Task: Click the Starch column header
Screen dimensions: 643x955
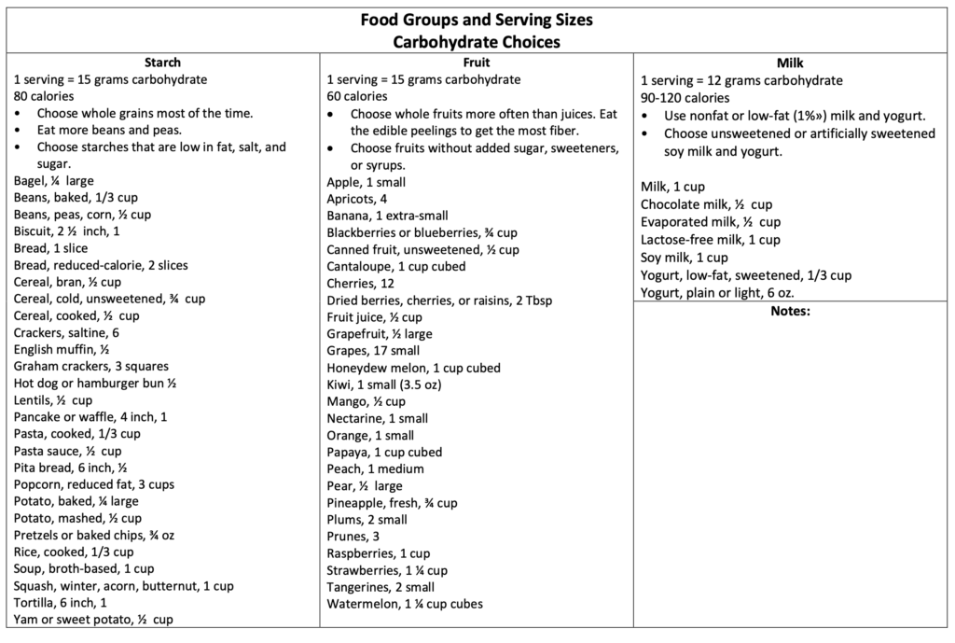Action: (x=163, y=63)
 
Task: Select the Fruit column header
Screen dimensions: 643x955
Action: (x=477, y=63)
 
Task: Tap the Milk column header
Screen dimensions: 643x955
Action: (x=790, y=63)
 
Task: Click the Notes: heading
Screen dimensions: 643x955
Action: (x=790, y=312)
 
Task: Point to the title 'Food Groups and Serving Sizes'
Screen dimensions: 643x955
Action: (x=477, y=20)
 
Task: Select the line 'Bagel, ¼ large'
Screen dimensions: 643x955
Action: (x=54, y=181)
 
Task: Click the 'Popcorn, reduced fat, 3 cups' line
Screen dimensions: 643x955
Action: (x=94, y=484)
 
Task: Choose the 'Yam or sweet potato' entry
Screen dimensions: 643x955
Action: (x=93, y=620)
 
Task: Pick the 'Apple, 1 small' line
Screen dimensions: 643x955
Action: (x=367, y=182)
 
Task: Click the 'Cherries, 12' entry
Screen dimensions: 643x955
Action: (x=361, y=284)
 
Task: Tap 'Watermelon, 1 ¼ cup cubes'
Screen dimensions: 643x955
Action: (x=405, y=604)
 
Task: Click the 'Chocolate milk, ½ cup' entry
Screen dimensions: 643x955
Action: (x=706, y=204)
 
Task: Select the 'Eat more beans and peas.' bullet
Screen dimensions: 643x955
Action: (x=109, y=131)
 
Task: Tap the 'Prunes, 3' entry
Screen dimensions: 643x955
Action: (x=353, y=537)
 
